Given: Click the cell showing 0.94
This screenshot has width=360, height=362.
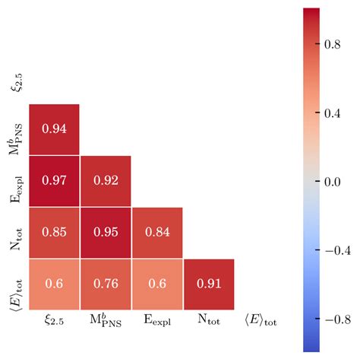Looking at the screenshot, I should [54, 129].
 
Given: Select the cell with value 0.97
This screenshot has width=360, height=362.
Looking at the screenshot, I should [54, 181].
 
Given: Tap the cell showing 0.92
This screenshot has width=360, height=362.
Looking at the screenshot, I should [106, 181].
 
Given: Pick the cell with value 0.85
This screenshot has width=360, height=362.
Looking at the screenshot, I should [54, 233].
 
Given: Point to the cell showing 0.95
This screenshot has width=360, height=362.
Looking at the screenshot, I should [106, 233].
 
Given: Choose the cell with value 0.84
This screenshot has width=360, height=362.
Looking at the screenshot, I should [157, 233].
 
